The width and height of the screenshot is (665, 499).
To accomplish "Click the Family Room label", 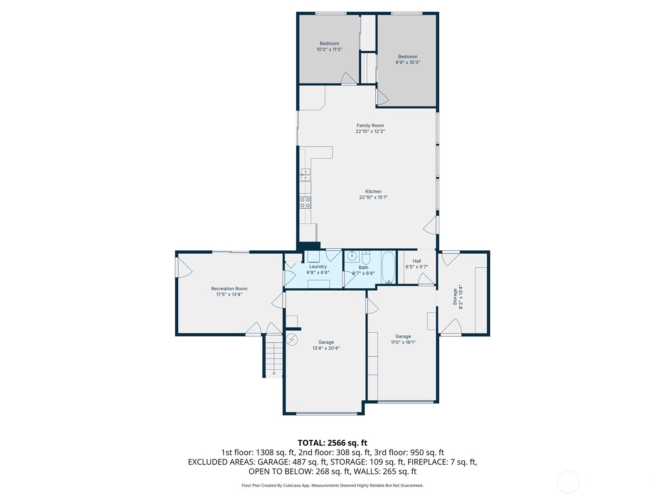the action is (x=370, y=126).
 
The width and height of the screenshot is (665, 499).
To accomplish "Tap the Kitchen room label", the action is (x=373, y=191).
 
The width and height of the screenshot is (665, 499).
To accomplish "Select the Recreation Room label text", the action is (x=229, y=289).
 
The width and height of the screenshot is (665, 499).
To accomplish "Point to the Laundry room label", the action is (x=318, y=267).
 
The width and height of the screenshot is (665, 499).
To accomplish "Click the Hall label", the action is (x=416, y=261).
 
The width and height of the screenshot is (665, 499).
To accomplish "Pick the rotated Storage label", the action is (x=455, y=296).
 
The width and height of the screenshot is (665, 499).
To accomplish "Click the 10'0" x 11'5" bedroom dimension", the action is (x=329, y=49).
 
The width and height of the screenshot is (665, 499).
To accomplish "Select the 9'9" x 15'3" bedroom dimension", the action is (x=407, y=62).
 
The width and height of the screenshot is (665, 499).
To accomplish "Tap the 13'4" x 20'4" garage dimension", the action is (x=326, y=348).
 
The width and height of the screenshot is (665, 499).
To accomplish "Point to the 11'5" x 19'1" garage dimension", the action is (x=403, y=342).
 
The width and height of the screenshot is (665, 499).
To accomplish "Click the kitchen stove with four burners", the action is (x=305, y=203).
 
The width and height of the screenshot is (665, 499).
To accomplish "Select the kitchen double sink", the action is (x=305, y=175).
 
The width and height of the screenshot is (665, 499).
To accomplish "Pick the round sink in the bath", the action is (x=352, y=256).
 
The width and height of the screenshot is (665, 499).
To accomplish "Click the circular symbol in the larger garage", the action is (x=292, y=340).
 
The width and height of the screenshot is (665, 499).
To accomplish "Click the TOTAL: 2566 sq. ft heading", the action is (x=332, y=443).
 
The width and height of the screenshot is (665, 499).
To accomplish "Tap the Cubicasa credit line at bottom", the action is (x=332, y=485).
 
